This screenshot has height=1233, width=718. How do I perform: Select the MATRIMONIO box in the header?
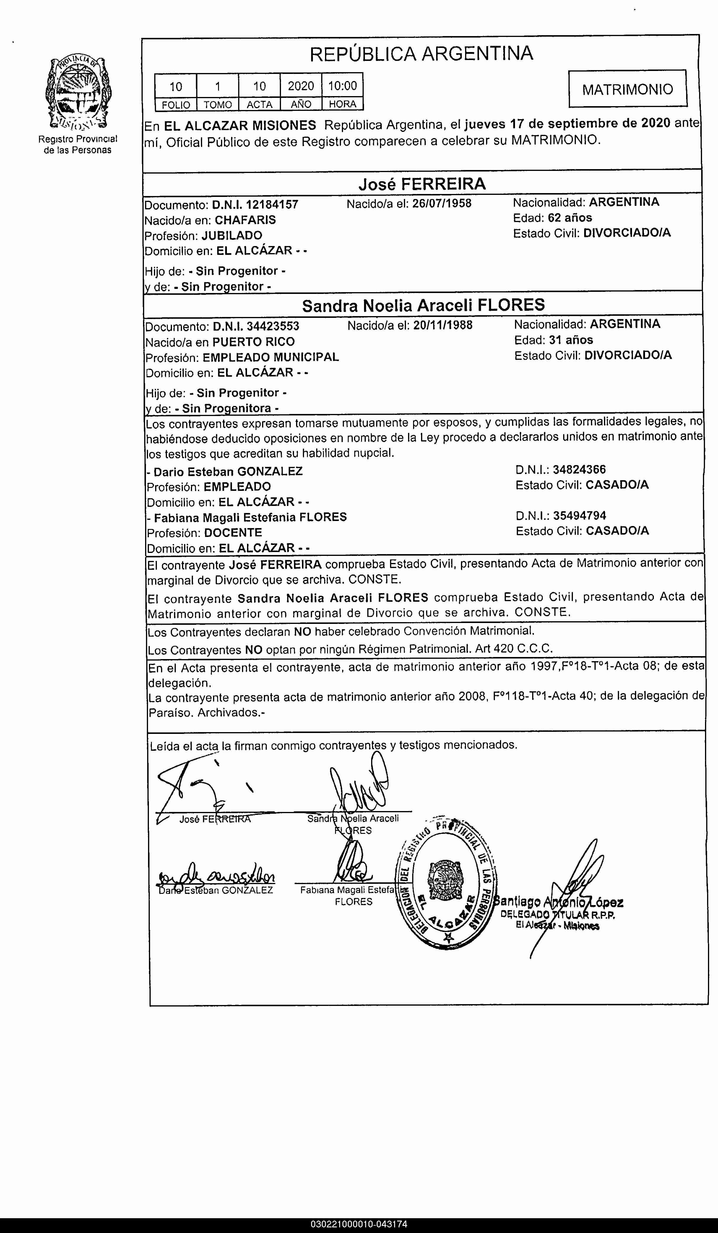[x=628, y=89]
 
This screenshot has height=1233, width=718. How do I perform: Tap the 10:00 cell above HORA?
[x=342, y=86]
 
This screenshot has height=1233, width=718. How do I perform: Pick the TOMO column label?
[x=218, y=104]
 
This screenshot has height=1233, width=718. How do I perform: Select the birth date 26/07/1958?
[x=442, y=203]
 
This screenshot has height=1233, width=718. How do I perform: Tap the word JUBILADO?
[x=232, y=235]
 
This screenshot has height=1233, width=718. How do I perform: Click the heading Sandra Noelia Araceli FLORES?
[x=423, y=305]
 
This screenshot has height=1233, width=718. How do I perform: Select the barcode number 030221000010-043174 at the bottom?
[x=358, y=1225]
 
